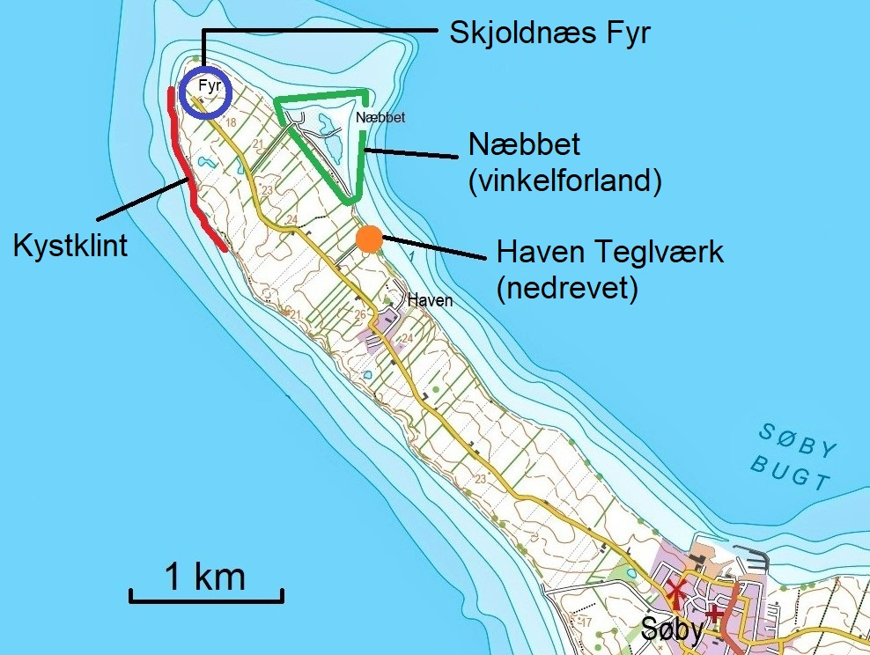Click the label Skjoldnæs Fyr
click(x=550, y=34)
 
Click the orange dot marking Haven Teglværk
click(x=370, y=238)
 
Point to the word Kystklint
click(x=70, y=246)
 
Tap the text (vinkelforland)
click(x=564, y=180)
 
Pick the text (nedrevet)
click(x=566, y=288)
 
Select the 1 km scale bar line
click(x=207, y=600)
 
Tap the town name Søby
click(x=673, y=629)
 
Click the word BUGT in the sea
click(x=791, y=474)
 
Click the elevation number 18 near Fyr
click(x=231, y=123)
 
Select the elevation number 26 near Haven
click(x=359, y=315)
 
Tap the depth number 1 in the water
click(x=410, y=256)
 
